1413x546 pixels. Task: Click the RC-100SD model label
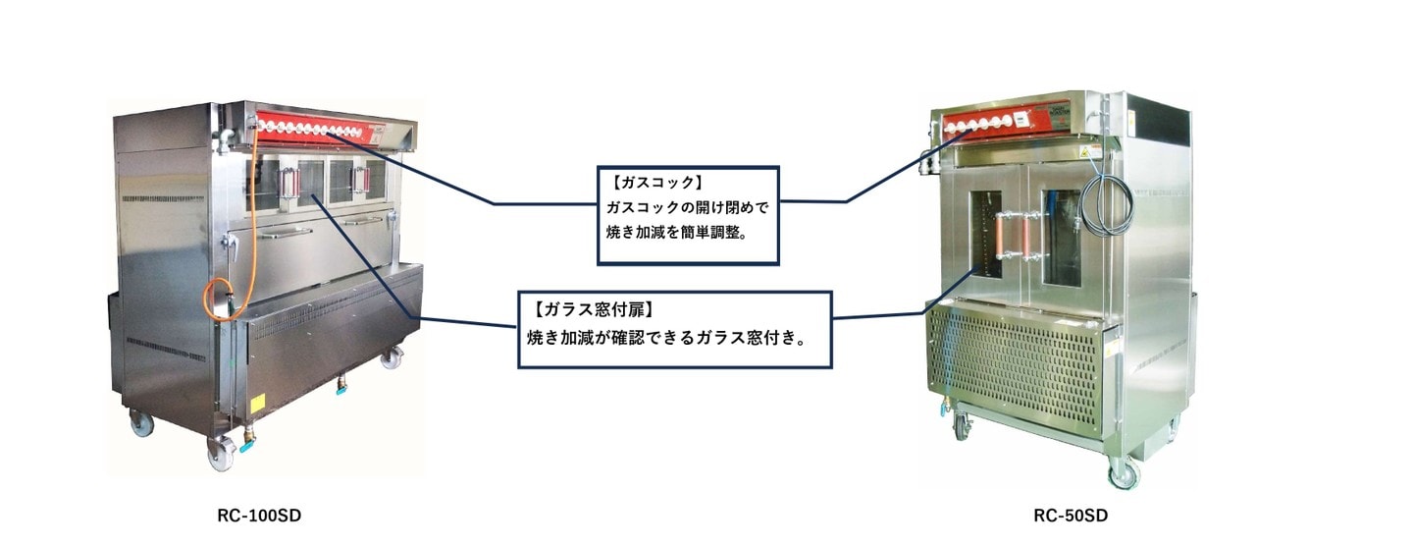259,516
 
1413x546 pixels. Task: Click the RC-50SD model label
1071,516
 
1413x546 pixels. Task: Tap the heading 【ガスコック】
656,183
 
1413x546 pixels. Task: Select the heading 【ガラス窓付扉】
594,309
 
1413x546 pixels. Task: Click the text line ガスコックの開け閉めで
688,207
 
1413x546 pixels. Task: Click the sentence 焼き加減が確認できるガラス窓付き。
667,339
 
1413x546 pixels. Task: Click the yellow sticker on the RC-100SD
257,404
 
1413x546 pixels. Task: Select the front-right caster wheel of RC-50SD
1124,472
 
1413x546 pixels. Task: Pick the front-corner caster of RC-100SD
221,454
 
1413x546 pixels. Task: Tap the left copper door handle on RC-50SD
1000,237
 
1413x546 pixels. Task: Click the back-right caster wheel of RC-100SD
392,357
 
